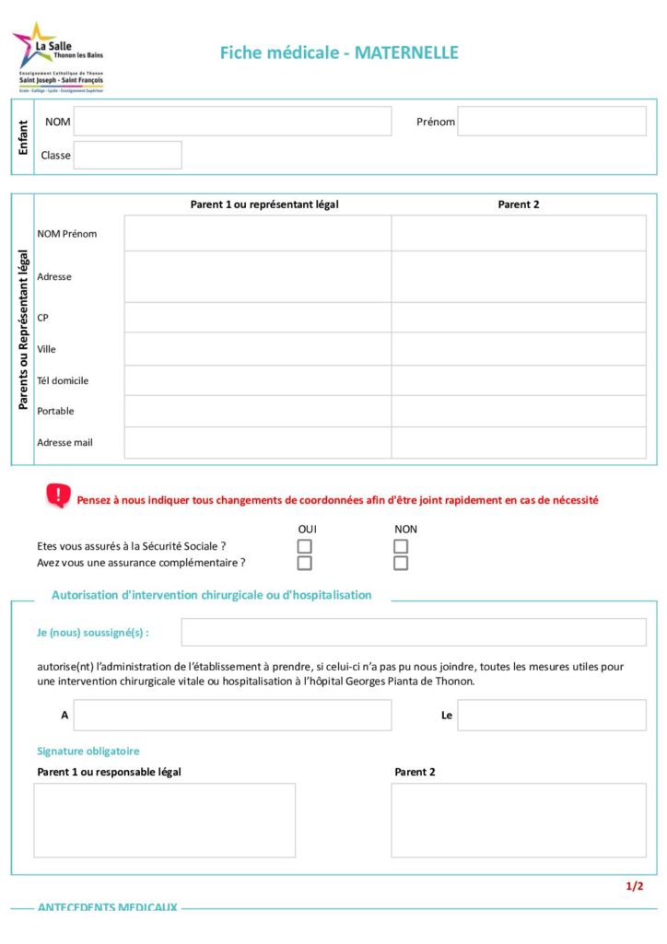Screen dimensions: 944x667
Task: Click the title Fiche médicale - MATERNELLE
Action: (338, 52)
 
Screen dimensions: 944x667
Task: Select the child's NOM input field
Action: (232, 122)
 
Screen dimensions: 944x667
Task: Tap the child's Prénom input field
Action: (551, 122)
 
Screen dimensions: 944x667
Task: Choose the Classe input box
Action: (127, 155)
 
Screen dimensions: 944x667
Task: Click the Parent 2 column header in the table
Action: (518, 204)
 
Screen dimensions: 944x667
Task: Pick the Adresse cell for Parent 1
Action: (258, 276)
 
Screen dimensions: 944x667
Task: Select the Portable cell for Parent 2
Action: (518, 411)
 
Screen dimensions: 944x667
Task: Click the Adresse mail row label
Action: (64, 442)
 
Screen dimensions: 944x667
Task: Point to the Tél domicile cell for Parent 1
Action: (258, 380)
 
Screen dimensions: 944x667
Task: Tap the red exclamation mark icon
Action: (58, 496)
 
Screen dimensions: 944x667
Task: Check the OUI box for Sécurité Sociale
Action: (305, 546)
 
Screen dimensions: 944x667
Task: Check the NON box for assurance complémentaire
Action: (401, 563)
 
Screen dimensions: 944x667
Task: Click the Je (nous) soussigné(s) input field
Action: (413, 632)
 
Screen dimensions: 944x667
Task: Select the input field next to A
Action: (232, 715)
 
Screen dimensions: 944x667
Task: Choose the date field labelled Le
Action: (551, 715)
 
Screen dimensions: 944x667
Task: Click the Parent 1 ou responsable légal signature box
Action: (165, 820)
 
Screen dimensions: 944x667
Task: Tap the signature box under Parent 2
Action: (518, 820)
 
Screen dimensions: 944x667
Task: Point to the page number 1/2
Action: (634, 886)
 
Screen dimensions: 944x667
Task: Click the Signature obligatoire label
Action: (88, 752)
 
